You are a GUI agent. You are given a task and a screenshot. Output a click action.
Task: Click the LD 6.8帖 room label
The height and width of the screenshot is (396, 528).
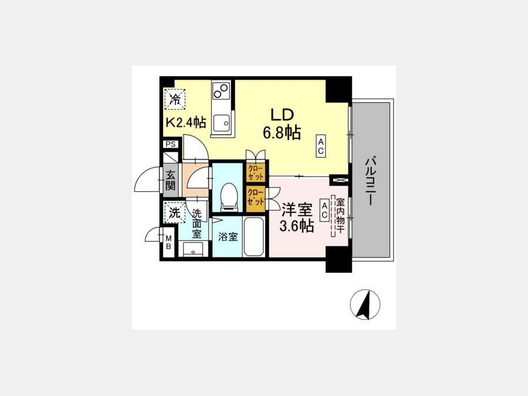[x=282, y=124]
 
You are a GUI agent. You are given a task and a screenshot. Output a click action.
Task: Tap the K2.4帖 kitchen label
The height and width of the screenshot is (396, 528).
[x=185, y=122]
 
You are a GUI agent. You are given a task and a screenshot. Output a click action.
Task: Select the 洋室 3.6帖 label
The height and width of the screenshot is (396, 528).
[x=297, y=217]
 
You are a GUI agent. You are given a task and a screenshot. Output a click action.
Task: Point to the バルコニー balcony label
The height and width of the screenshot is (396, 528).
[x=370, y=180]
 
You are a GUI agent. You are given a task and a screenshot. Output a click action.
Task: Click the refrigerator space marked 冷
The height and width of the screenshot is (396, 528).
[x=175, y=99]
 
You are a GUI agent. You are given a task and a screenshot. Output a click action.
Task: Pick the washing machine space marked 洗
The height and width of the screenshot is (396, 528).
[x=174, y=212]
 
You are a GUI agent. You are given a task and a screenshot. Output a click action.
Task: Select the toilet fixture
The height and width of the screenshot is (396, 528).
[x=229, y=197]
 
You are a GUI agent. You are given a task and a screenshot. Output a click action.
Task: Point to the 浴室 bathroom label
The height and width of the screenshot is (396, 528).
[x=228, y=237]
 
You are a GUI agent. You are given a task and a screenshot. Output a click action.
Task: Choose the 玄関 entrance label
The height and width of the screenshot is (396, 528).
[x=170, y=181]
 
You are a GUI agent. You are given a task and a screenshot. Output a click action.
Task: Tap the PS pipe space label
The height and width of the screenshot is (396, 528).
[x=171, y=144]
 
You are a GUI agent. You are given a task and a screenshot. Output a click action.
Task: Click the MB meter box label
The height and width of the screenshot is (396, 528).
[x=168, y=242]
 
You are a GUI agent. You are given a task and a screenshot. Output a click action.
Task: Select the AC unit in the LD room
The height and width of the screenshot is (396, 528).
[x=320, y=146]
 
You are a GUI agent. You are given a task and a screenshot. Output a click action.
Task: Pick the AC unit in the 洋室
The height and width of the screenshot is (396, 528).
[x=324, y=210]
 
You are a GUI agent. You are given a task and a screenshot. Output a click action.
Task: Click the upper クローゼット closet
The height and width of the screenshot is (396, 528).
[x=256, y=172]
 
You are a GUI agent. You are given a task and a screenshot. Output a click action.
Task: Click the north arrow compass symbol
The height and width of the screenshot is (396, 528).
[x=365, y=304]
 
